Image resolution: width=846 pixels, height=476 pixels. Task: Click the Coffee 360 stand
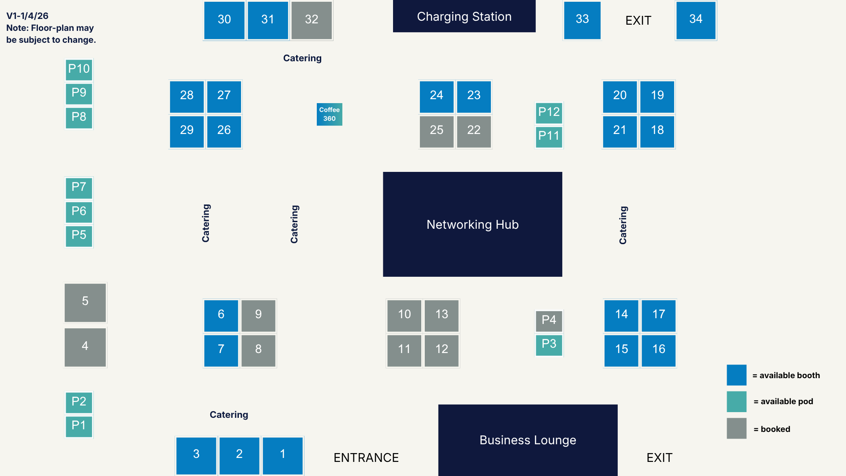click(x=329, y=114)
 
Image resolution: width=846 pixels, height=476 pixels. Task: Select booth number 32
click(x=312, y=20)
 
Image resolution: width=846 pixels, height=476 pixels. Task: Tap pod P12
click(x=549, y=112)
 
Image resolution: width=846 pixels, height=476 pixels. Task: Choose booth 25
click(x=436, y=130)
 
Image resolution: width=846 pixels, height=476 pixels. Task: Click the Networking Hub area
click(x=472, y=224)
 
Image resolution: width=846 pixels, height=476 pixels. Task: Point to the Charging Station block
click(x=464, y=16)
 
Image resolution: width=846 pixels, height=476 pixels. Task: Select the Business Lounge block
click(x=527, y=440)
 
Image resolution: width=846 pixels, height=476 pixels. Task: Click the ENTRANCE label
click(x=366, y=457)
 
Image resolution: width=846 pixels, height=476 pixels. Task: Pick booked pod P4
click(x=549, y=320)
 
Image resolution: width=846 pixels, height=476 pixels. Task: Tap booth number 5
click(x=85, y=302)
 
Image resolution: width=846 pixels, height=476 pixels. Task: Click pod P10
click(x=79, y=69)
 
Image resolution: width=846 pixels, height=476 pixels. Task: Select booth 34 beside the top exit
click(x=696, y=20)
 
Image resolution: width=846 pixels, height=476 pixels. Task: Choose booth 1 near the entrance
click(x=282, y=455)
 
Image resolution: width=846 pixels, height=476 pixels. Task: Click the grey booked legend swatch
click(x=736, y=428)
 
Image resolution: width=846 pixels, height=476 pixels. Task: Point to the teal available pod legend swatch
click(x=736, y=402)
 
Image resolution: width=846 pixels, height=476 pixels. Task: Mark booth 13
click(x=442, y=315)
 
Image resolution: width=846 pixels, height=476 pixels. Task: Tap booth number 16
click(x=658, y=350)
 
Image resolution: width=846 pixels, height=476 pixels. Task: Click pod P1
click(x=79, y=426)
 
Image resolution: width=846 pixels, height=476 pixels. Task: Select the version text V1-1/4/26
click(x=27, y=16)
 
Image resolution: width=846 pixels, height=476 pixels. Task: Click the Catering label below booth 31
click(x=302, y=58)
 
